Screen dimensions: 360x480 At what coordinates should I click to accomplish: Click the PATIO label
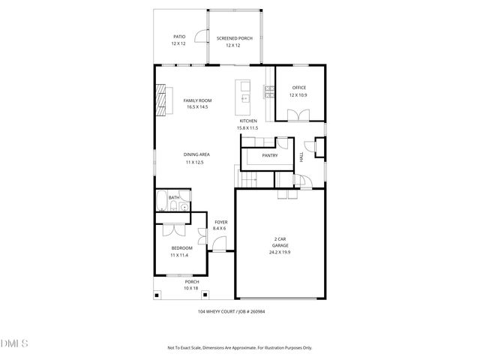[179, 36]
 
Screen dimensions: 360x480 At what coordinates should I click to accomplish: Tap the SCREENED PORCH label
[234, 38]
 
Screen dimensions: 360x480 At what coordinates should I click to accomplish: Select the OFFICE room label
[298, 88]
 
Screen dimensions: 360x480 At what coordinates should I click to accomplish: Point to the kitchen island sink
[244, 97]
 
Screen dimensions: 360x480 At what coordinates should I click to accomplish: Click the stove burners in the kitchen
[268, 92]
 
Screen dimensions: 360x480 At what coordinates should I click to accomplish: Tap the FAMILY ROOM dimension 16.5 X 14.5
[197, 107]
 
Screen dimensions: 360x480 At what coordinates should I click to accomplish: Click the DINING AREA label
[196, 154]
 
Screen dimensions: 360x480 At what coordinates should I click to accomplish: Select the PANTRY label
[270, 155]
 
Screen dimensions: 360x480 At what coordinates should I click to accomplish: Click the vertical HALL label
[301, 157]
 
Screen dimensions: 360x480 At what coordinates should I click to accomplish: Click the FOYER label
[220, 222]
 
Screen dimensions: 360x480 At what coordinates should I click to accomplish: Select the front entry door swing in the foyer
[217, 243]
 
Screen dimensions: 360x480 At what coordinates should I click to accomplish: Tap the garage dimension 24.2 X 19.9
[280, 252]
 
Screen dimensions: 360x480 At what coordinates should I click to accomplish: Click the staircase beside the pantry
[247, 181]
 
